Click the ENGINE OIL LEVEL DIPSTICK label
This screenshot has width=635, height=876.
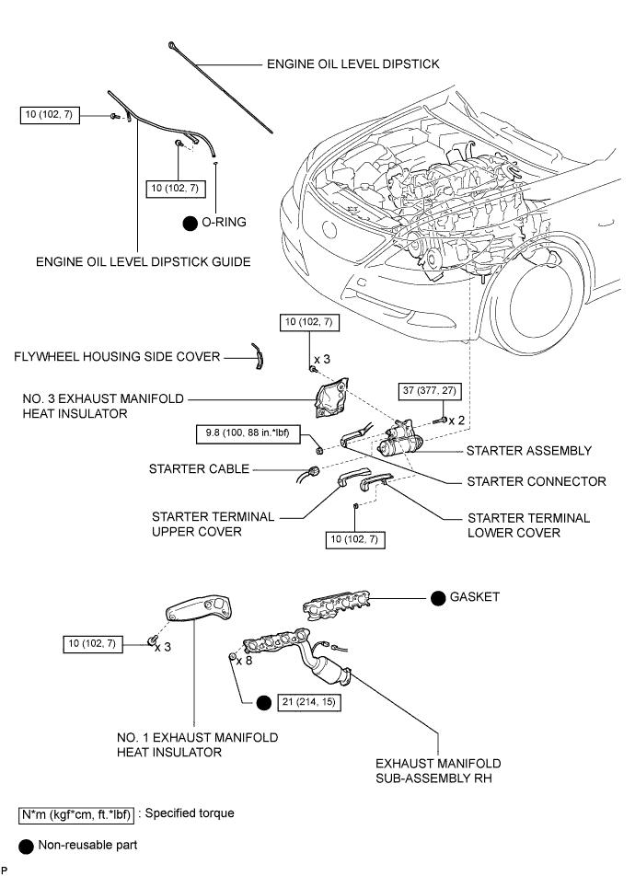[x=352, y=64]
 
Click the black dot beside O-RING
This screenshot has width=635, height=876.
[x=191, y=222]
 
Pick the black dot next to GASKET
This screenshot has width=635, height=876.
[x=439, y=597]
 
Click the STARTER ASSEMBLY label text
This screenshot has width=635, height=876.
[x=528, y=451]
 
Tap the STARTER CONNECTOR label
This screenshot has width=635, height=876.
[x=537, y=480]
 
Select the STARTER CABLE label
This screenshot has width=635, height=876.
[x=199, y=469]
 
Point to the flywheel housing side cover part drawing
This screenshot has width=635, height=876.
[x=260, y=355]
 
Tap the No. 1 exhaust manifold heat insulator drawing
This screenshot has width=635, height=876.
[x=199, y=613]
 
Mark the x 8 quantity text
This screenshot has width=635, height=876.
[x=245, y=661]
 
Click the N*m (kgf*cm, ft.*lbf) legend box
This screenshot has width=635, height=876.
[x=76, y=814]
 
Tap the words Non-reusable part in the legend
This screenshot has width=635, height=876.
[x=87, y=845]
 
